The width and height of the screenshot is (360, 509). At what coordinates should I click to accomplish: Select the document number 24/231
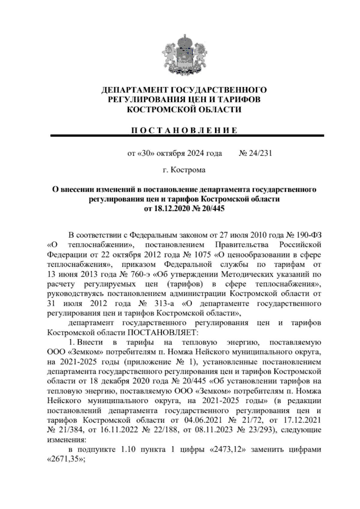(260, 153)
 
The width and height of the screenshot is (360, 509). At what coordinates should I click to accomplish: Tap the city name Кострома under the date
(188, 170)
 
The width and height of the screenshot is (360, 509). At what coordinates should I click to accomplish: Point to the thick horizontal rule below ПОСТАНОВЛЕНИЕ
(187, 136)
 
